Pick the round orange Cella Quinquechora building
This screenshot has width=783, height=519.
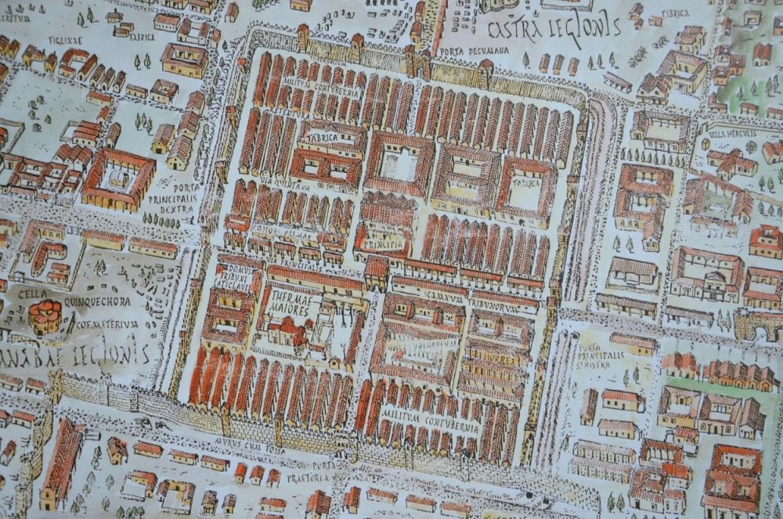(45, 315)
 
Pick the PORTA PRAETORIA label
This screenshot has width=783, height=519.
(327, 470)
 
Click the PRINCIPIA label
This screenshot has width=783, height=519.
(384, 243)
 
